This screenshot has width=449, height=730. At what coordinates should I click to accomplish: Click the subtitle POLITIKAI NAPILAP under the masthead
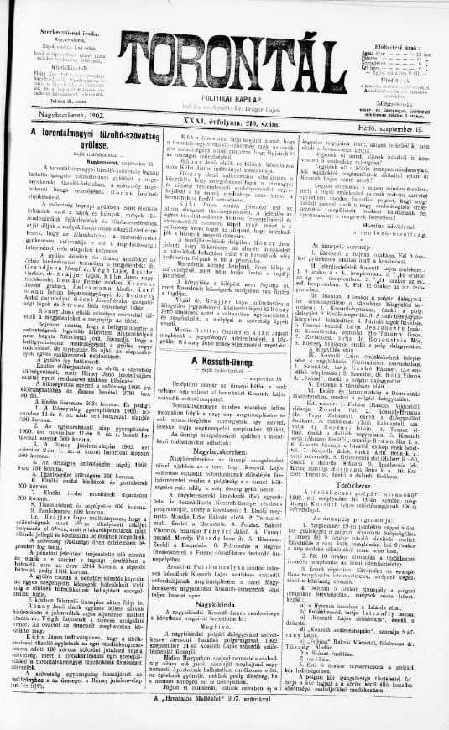pos(224,99)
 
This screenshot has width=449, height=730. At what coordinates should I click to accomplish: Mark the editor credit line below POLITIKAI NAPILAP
pos(224,108)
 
